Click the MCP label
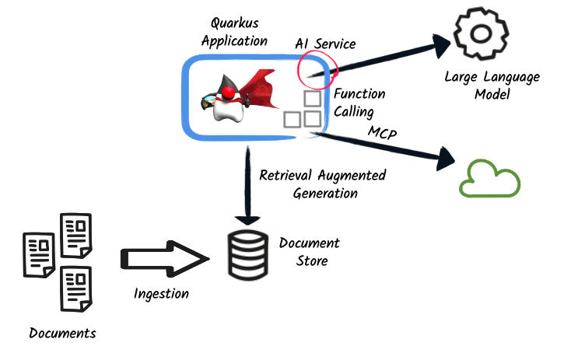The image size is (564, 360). (x=382, y=134)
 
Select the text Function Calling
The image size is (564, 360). (x=359, y=103)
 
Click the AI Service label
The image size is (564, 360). (x=324, y=44)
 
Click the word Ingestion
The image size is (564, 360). (x=161, y=294)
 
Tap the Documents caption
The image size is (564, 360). (x=62, y=333)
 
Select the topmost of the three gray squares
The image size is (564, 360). (x=312, y=100)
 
